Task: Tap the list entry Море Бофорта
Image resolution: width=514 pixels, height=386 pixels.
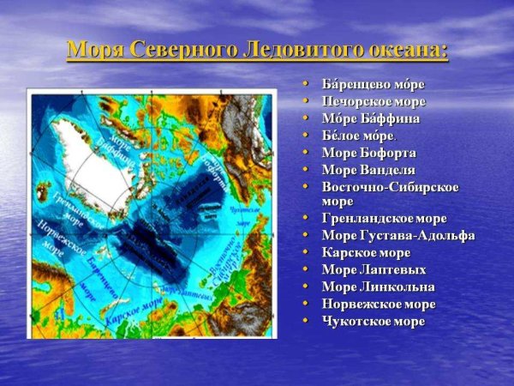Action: point(368,153)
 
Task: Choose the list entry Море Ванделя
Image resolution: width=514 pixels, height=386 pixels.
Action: point(368,170)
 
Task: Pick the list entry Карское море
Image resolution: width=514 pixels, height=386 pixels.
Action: point(366,252)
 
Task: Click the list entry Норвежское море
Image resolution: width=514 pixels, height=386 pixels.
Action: point(378,304)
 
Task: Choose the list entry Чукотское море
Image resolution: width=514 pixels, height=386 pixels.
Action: point(373,321)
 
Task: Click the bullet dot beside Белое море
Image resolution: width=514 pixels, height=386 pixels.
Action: point(306,136)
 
